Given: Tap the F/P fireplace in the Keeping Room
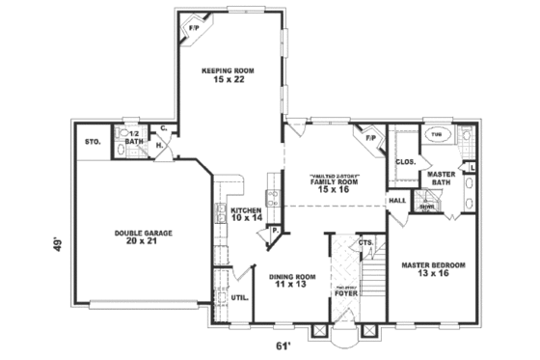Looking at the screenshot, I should coord(192,28).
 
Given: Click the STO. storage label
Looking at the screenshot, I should coord(94,142).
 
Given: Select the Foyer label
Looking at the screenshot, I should coord(345,290).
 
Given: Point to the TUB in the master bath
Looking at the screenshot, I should coord(437,135).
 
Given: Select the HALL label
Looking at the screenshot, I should coord(397,200).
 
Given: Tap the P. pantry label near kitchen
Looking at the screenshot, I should coord(275,232).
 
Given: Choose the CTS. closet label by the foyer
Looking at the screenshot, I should coord(365,242).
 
